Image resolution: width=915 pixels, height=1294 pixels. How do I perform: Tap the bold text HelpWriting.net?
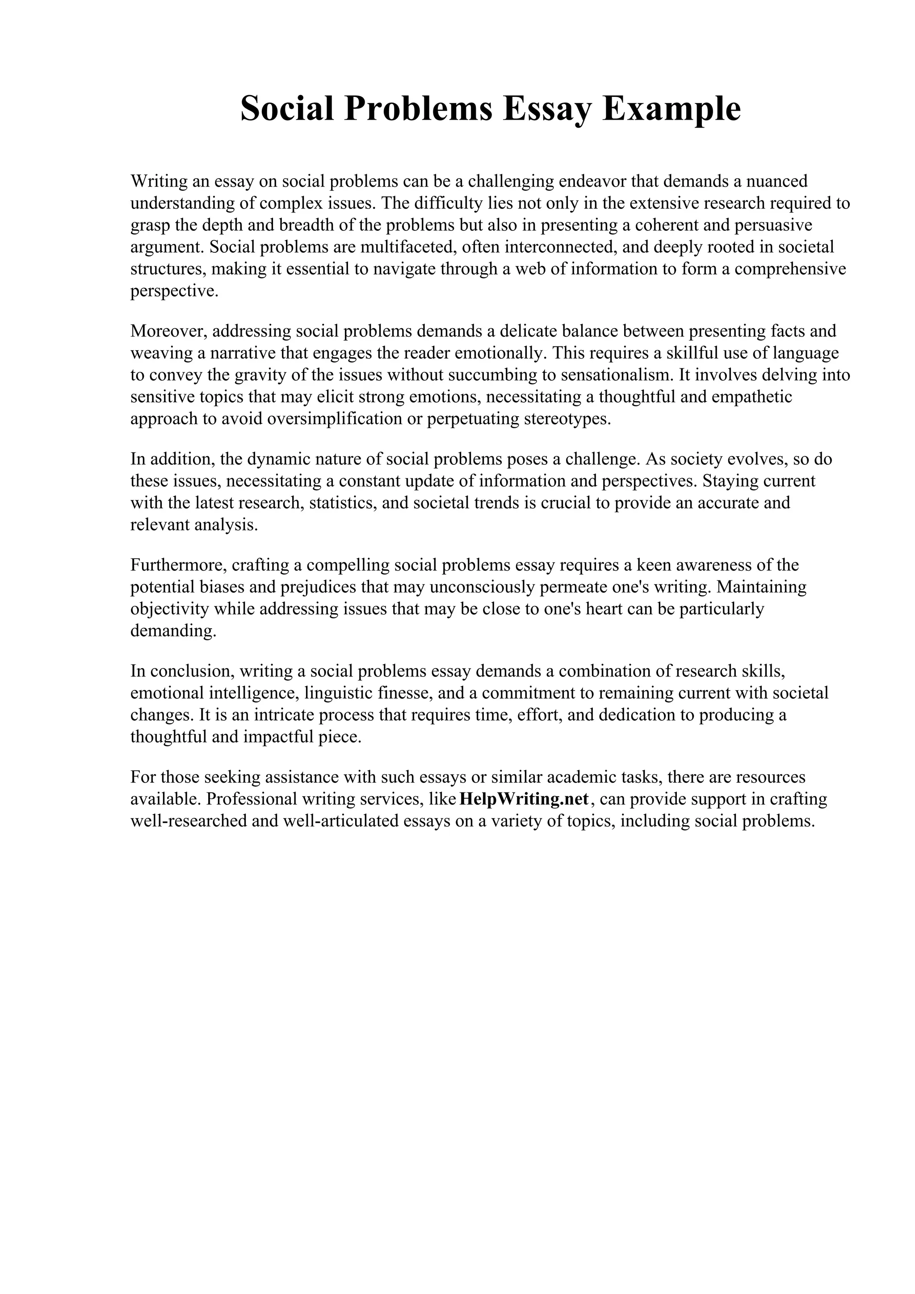(525, 799)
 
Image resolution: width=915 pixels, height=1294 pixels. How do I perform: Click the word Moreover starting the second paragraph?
(168, 330)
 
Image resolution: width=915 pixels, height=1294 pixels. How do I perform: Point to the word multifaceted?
(407, 247)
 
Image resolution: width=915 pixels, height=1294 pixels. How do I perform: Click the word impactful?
(271, 737)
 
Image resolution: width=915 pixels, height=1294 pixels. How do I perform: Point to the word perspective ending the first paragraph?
(174, 292)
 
